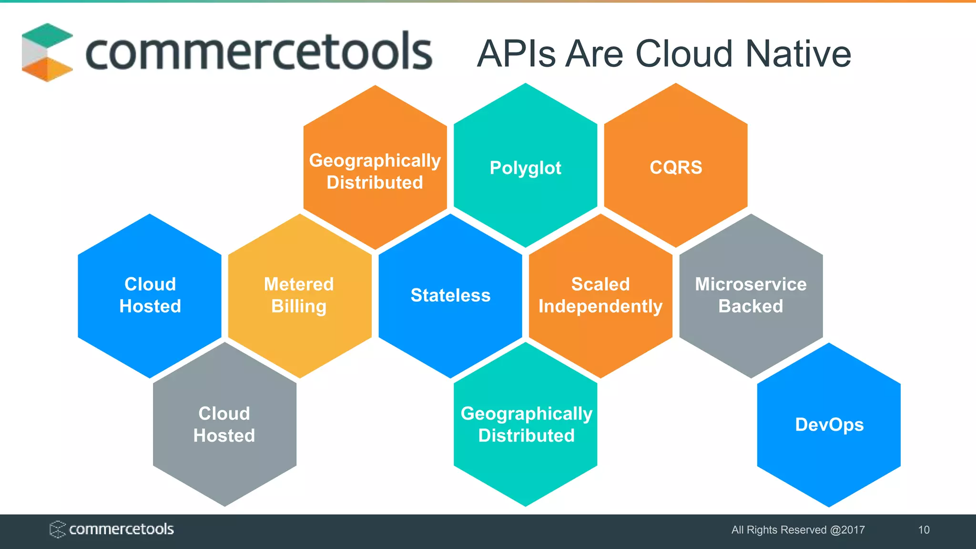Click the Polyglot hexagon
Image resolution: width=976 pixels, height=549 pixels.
(x=525, y=167)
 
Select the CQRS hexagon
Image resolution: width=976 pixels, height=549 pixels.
(x=676, y=167)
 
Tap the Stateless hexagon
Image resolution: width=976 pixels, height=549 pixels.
(x=450, y=295)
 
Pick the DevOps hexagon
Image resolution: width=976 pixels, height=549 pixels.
(x=829, y=425)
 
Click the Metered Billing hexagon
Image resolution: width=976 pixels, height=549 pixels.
(x=299, y=295)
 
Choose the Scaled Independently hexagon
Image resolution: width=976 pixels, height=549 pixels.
(x=600, y=295)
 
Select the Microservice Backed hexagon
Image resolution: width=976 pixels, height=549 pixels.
(x=751, y=295)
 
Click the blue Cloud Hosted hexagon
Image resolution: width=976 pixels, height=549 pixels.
(x=150, y=295)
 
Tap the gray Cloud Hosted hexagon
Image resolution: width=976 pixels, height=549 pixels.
(x=224, y=425)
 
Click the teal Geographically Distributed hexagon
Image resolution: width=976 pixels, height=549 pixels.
(x=526, y=425)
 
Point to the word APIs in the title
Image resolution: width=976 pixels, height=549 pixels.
(x=517, y=54)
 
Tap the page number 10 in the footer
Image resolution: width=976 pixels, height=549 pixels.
(x=924, y=530)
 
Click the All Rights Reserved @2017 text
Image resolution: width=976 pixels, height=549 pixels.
(x=798, y=530)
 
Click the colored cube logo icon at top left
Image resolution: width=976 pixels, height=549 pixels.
(x=47, y=52)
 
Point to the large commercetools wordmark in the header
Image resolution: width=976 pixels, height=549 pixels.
(x=259, y=51)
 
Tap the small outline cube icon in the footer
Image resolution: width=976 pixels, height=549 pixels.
(x=57, y=529)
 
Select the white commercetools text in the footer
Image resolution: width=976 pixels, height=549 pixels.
(x=122, y=529)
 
